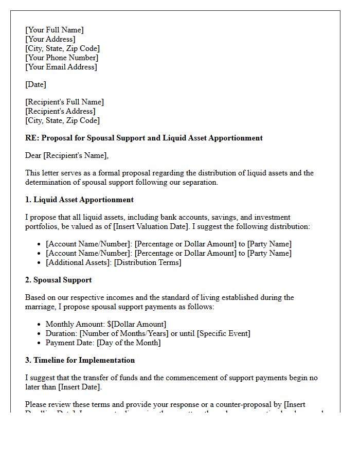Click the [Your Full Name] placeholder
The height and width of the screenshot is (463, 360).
55,30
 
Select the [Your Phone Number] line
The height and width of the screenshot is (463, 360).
62,58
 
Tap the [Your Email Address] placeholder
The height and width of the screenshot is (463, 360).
61,67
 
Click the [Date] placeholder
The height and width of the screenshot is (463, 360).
35,84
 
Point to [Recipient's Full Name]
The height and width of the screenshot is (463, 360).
64,102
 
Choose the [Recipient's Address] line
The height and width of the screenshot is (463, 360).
60,111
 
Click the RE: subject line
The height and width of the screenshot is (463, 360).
144,138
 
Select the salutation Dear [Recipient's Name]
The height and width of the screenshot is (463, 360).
67,155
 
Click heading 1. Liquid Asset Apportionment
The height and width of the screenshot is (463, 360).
79,200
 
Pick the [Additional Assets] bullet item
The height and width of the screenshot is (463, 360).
78,262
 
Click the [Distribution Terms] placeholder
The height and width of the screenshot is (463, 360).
148,262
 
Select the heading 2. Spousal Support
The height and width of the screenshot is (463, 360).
58,280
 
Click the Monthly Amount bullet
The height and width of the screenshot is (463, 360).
105,324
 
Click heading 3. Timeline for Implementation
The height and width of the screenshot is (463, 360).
80,360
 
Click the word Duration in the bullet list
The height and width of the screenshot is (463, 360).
61,333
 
